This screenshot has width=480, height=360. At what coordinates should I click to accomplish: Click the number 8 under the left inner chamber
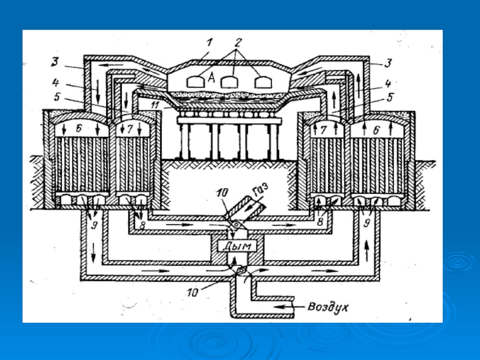pyautogui.click(x=142, y=226)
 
